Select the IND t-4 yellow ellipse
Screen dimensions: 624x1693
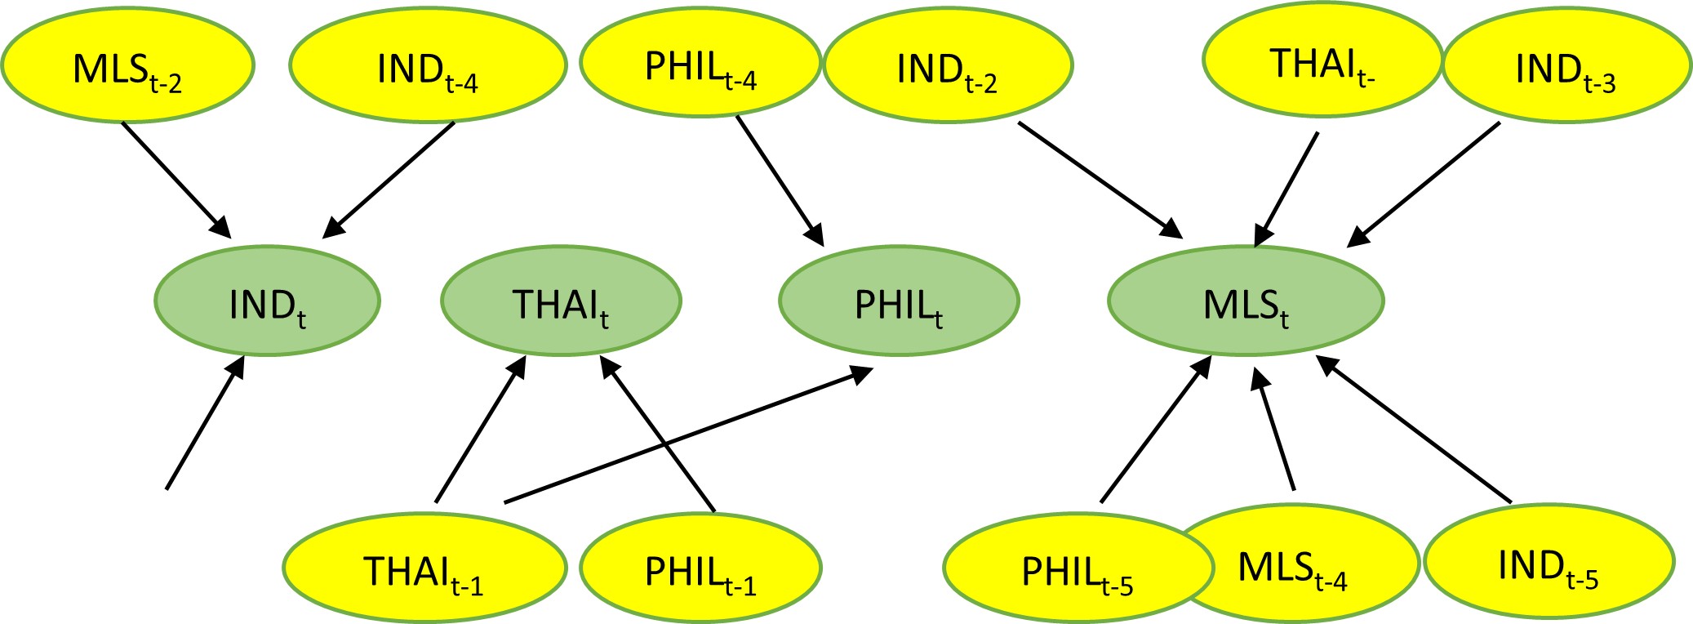click(x=428, y=67)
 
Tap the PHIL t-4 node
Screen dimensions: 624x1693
click(x=700, y=65)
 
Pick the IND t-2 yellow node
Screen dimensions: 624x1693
click(x=947, y=67)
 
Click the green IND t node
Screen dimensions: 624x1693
click(x=268, y=302)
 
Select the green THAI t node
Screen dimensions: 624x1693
click(x=561, y=301)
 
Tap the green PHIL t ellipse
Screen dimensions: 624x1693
click(x=899, y=302)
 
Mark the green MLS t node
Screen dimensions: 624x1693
click(x=1246, y=302)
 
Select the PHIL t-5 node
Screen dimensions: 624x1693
click(x=1076, y=570)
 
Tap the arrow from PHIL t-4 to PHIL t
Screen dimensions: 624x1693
click(x=780, y=181)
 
